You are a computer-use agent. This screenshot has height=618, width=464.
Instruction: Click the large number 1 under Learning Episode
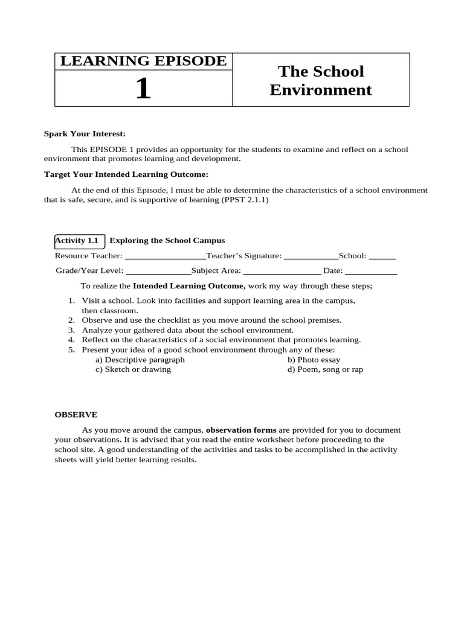143,89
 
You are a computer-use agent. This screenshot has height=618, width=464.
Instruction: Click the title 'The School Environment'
320,80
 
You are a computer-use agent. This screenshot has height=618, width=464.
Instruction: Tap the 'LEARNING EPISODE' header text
143,61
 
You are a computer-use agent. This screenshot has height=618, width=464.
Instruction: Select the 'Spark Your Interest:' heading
85,133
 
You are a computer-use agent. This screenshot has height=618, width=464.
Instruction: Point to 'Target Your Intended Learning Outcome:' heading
126,174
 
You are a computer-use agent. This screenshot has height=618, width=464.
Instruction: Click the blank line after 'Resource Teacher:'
165,256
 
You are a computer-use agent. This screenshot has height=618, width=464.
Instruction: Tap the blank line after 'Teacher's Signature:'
311,256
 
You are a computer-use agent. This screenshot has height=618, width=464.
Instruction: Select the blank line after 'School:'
382,256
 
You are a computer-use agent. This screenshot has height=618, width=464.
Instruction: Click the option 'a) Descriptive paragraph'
140,360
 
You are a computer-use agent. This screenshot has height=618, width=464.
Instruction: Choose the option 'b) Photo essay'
314,360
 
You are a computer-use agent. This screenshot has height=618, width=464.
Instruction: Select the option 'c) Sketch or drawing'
133,369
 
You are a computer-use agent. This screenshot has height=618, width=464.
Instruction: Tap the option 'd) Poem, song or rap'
325,369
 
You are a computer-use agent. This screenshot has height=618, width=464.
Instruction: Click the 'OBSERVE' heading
76,415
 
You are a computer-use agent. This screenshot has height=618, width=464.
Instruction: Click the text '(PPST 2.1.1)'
246,200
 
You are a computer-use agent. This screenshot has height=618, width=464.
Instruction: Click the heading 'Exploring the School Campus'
167,240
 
